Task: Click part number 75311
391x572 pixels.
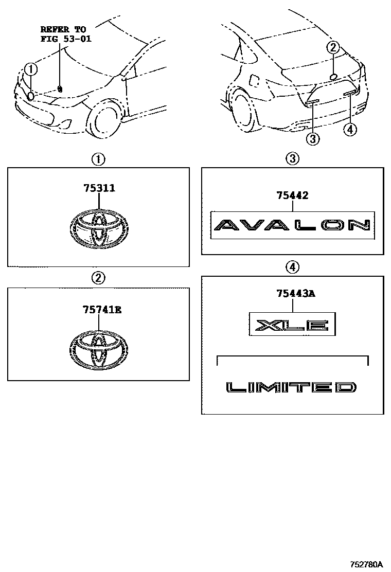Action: [x=99, y=188]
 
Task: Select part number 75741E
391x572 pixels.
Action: [x=102, y=310]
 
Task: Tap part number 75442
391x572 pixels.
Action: [x=292, y=195]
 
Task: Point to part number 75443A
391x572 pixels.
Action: [x=296, y=293]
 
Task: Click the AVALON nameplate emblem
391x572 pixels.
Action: [x=293, y=225]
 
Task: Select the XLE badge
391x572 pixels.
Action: [x=292, y=324]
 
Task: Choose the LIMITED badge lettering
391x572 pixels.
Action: [x=291, y=387]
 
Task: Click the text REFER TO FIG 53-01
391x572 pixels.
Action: [x=66, y=34]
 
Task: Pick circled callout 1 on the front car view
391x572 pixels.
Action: [x=31, y=68]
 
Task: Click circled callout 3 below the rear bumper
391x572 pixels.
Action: [x=313, y=138]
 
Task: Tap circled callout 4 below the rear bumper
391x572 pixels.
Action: [x=350, y=130]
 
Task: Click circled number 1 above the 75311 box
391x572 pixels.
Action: [x=98, y=159]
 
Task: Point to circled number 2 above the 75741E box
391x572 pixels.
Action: [x=98, y=278]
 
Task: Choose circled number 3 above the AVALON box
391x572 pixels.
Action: [x=293, y=158]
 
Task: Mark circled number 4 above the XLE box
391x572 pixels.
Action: [x=293, y=267]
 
